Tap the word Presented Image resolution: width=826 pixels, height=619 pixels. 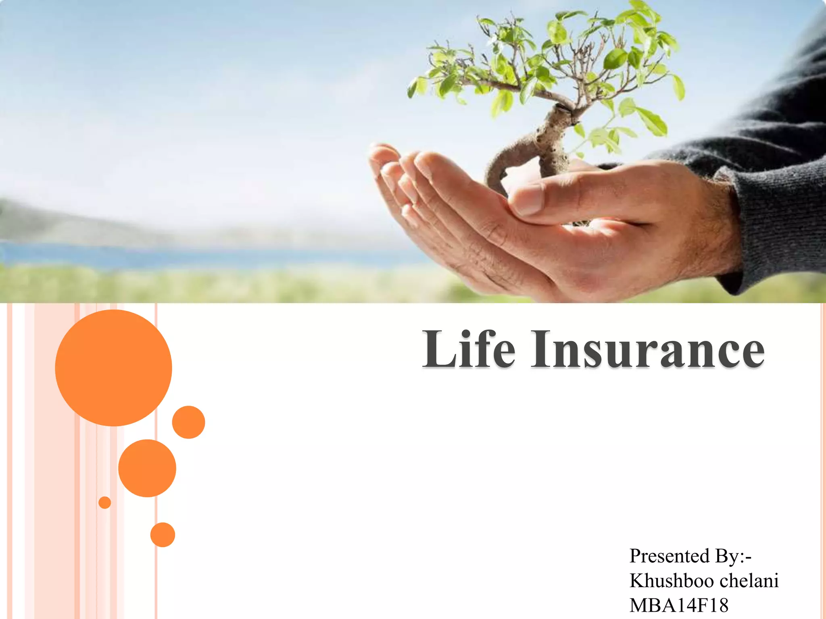[669, 556]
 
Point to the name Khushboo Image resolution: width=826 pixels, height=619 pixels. [672, 581]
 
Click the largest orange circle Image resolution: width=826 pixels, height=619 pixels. [113, 368]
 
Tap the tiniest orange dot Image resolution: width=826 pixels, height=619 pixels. [104, 503]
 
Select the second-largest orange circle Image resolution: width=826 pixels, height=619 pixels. [147, 468]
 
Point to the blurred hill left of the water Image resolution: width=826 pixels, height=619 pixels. [60, 222]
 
